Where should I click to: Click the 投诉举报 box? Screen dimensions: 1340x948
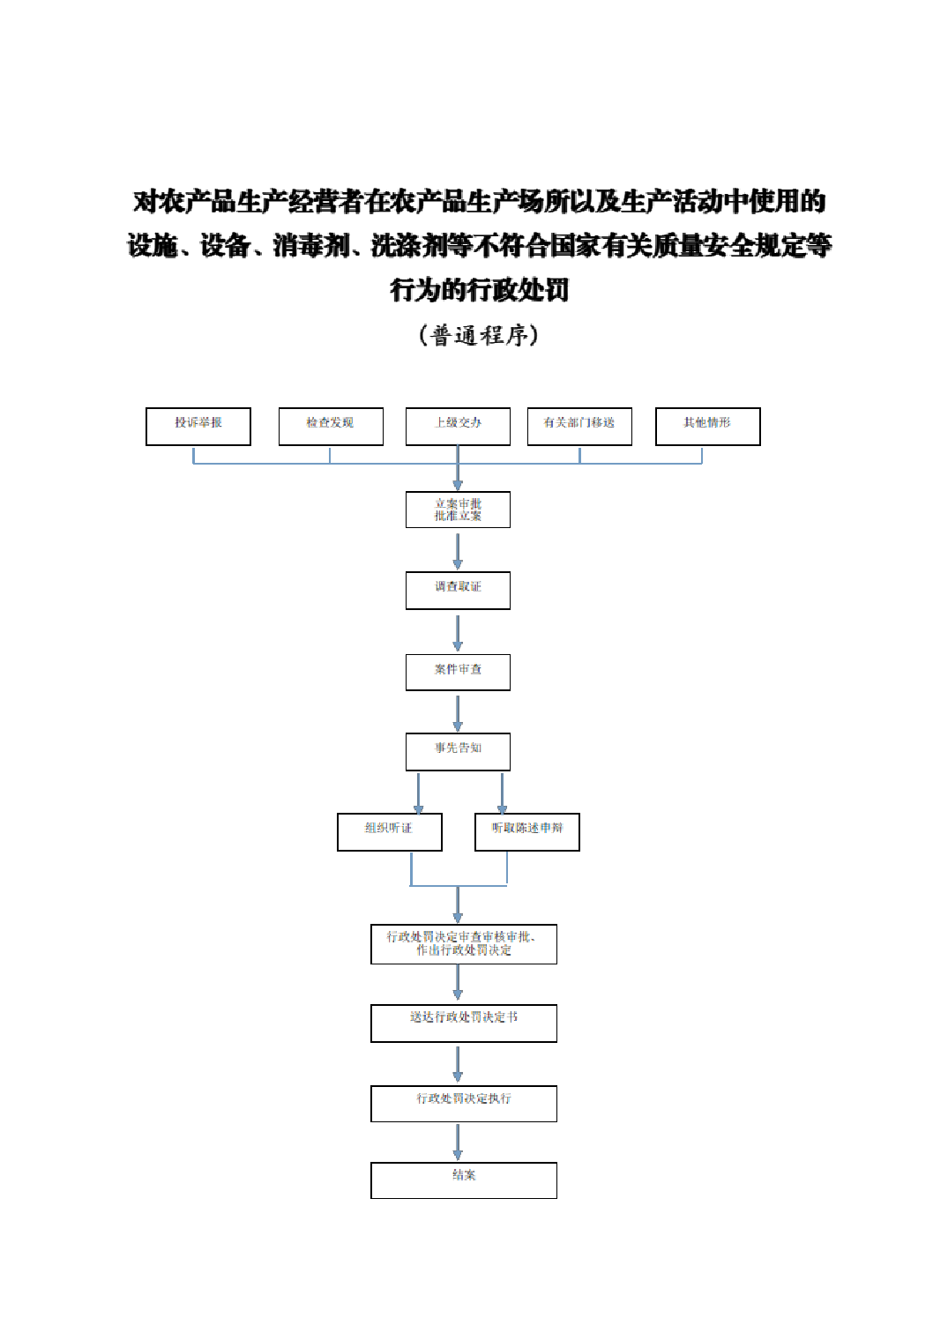tap(198, 426)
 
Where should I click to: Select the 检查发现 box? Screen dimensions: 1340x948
tap(331, 426)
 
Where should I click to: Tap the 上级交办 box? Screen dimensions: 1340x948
tap(458, 426)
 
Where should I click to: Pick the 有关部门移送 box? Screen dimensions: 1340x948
tap(579, 426)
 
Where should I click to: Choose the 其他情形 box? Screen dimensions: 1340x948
tap(707, 426)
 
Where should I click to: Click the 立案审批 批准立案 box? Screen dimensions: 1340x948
tap(458, 510)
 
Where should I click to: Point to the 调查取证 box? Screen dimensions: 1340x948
tap(458, 590)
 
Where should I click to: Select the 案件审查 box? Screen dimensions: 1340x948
tap(458, 672)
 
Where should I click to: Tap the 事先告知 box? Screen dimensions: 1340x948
tap(458, 751)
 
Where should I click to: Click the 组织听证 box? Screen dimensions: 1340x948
tap(389, 831)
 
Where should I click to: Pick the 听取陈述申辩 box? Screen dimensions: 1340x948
tap(526, 831)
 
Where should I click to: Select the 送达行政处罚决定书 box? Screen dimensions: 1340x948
tap(463, 1023)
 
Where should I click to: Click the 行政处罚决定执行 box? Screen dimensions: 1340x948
tap(463, 1103)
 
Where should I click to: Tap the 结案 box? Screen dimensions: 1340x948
tap(463, 1180)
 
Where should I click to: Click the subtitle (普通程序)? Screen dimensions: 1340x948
tap(478, 335)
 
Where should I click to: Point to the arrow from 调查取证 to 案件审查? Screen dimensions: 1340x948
tap(458, 632)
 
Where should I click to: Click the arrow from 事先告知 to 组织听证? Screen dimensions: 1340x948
tap(418, 793)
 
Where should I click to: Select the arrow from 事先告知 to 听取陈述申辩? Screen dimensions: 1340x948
tap(502, 793)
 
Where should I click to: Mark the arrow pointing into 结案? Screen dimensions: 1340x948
tap(458, 1142)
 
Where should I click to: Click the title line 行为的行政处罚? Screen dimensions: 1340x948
tap(479, 289)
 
